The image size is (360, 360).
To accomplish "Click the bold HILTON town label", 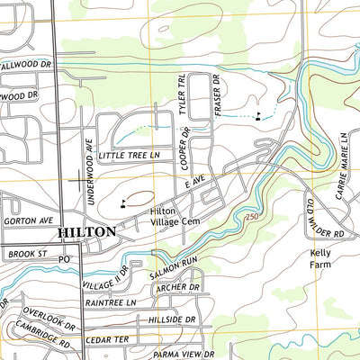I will [86, 231].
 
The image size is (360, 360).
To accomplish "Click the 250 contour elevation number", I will [251, 218].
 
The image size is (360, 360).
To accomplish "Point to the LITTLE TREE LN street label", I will [129, 156].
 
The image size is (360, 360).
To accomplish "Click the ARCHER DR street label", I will [176, 288].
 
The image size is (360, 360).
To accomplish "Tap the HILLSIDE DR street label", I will [166, 319].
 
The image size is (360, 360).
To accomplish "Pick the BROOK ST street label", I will [27, 255].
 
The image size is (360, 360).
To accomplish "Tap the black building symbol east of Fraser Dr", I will [258, 115].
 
